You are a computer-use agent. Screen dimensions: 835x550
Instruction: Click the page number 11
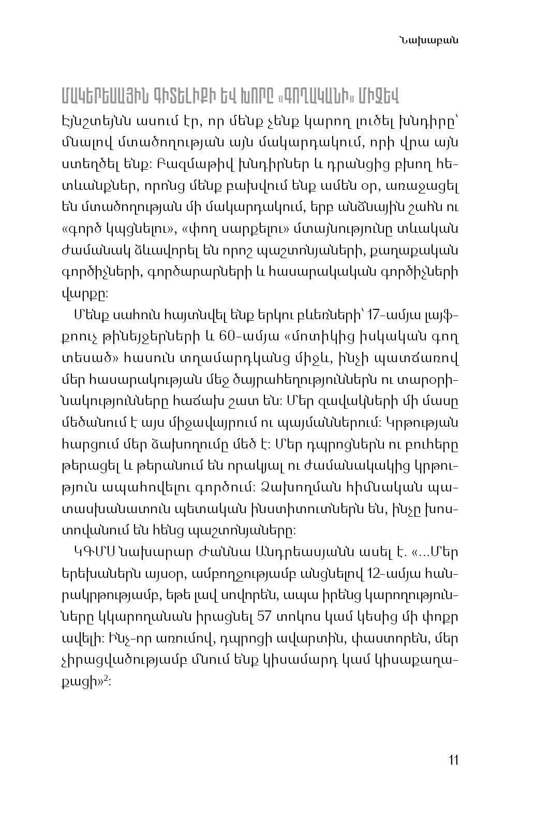pyautogui.click(x=453, y=760)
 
